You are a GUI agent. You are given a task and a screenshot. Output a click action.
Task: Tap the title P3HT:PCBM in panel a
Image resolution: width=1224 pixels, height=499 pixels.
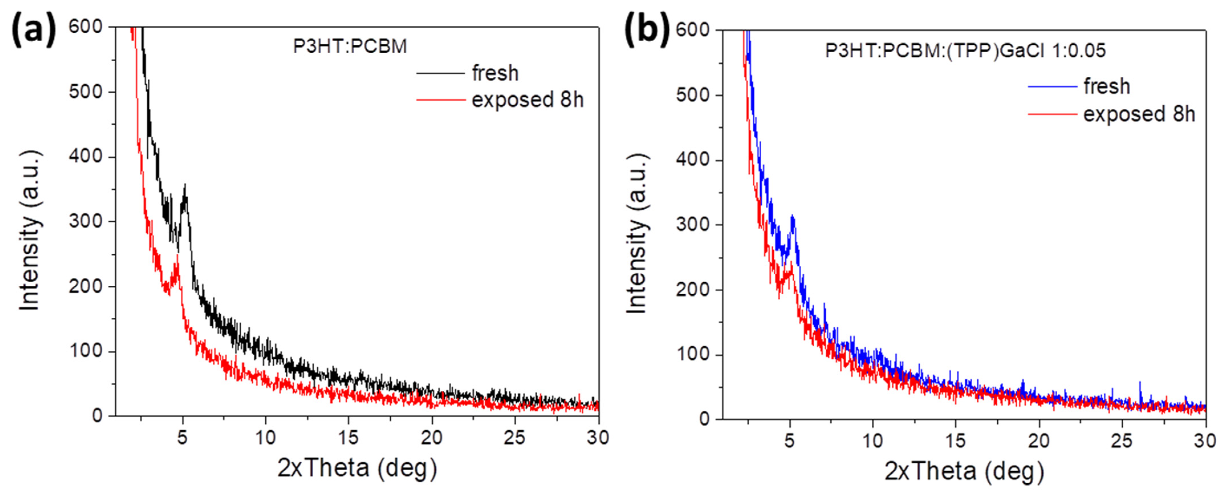[x=350, y=46]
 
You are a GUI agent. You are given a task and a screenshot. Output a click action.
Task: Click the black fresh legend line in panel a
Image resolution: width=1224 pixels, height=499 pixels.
[x=440, y=74]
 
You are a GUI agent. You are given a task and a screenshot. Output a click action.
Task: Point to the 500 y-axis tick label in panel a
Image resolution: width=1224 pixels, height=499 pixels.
[x=86, y=92]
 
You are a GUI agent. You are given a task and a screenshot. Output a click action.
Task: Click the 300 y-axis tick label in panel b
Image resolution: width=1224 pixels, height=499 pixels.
[x=692, y=225]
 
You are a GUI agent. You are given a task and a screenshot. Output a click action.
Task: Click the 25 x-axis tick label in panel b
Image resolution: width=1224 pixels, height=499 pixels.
[x=1122, y=441]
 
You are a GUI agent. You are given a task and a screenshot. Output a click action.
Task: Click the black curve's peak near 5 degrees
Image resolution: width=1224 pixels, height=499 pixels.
[x=185, y=186]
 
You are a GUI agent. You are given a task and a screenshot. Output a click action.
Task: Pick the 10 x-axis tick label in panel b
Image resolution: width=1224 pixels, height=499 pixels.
[x=872, y=441]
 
